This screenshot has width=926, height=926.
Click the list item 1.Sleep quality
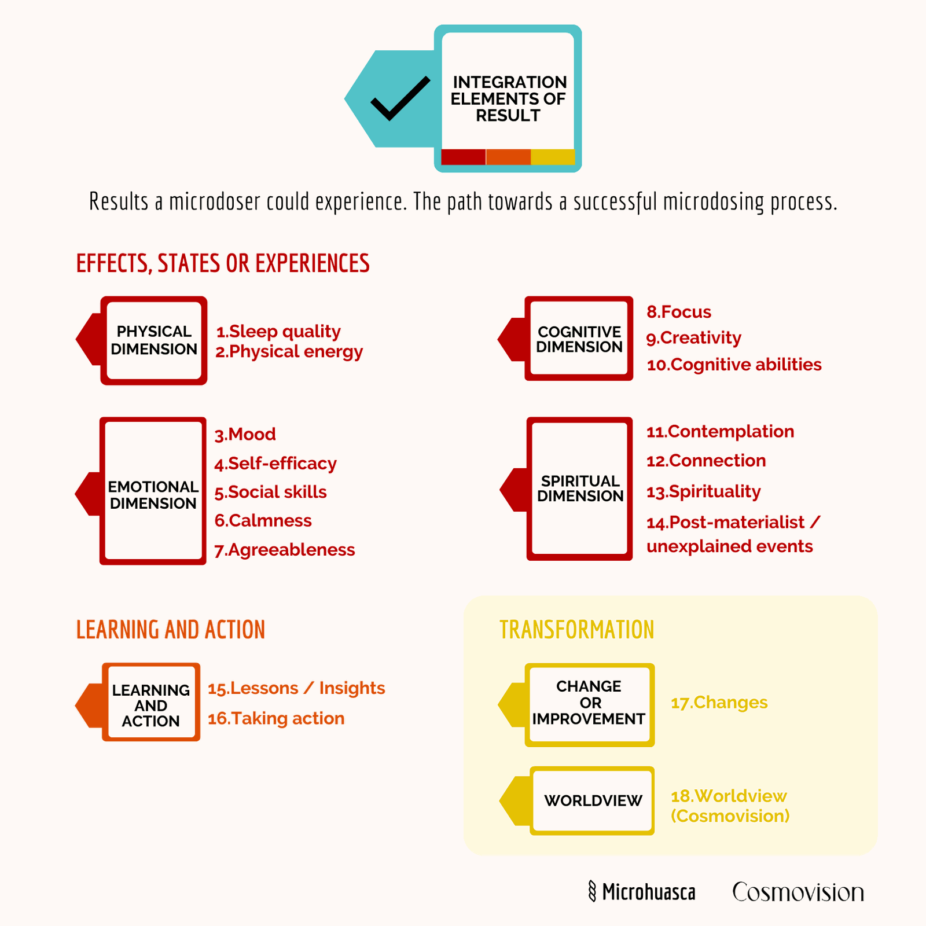(x=278, y=332)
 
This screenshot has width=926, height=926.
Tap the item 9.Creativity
(x=694, y=338)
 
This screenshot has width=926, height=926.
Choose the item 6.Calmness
(x=263, y=521)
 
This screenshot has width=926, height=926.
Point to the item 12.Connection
(x=706, y=461)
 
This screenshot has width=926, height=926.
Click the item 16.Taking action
(x=276, y=719)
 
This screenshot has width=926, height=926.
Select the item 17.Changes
(x=719, y=703)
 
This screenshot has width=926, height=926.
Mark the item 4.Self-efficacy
(x=275, y=464)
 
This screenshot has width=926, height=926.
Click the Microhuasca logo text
(x=642, y=892)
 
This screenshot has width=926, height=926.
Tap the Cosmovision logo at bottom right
(x=798, y=892)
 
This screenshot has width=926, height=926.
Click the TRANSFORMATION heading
(x=577, y=630)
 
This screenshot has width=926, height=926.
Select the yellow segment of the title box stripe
(x=553, y=157)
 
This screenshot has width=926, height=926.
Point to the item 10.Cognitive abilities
(x=734, y=365)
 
